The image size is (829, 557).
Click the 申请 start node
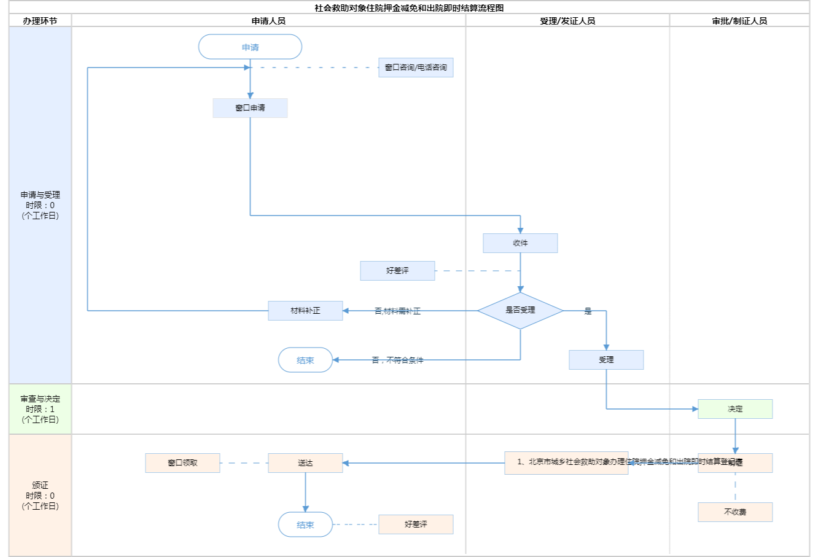250,47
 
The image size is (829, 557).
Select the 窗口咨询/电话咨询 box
416,68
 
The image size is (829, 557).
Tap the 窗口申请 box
250,108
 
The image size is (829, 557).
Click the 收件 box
520,243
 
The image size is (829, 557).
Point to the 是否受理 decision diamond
520,311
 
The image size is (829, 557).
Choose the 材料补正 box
305,311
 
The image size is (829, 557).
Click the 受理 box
606,360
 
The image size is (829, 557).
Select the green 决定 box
735,409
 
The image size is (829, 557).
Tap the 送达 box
305,463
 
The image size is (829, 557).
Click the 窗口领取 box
182,463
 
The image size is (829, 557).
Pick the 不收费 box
735,512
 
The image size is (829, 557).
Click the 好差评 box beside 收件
397,271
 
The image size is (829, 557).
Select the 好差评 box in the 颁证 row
416,524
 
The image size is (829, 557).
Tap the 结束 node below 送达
305,525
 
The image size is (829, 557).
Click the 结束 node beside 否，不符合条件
305,360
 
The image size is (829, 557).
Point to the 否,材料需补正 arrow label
397,311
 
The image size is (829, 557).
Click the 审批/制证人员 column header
739,21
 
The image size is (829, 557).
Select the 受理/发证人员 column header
567,21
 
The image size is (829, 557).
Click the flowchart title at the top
409,8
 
